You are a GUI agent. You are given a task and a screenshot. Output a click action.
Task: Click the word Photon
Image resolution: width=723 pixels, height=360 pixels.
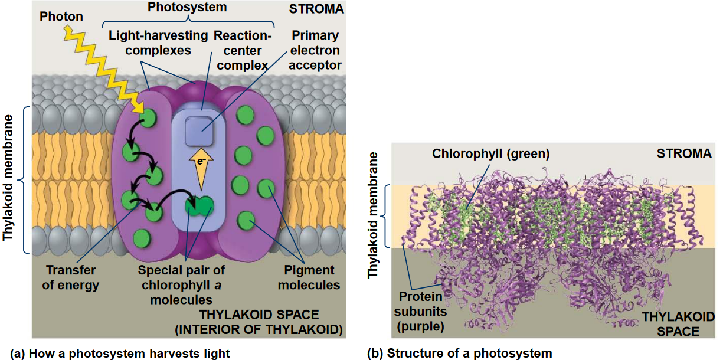tap(61, 16)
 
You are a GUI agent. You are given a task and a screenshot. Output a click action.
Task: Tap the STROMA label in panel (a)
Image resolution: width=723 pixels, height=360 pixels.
tap(316, 10)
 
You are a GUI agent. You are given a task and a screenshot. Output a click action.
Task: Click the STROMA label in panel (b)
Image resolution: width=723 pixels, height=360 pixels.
tap(684, 153)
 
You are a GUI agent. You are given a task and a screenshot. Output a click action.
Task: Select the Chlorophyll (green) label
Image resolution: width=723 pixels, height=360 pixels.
tap(491, 154)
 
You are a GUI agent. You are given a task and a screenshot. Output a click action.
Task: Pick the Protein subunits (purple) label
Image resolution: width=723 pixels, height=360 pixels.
tap(420, 310)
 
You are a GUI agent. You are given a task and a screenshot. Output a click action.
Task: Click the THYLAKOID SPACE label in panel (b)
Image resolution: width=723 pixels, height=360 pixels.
tap(670, 324)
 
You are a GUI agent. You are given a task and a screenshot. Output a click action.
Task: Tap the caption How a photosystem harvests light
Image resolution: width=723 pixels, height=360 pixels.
tap(121, 354)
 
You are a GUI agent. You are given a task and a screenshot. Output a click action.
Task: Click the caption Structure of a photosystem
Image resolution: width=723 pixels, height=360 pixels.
tap(460, 354)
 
